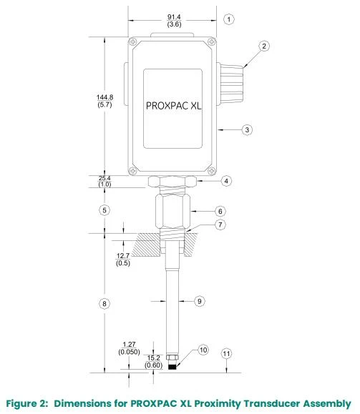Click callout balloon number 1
tap(229, 19)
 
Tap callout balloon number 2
tap(264, 46)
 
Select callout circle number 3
tap(247, 130)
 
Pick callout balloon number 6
tap(220, 211)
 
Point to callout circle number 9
tap(200, 301)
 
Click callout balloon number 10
tap(203, 350)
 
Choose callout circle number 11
tap(226, 354)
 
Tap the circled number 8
tap(104, 304)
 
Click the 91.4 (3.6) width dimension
tap(174, 21)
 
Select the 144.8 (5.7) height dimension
tap(104, 101)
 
